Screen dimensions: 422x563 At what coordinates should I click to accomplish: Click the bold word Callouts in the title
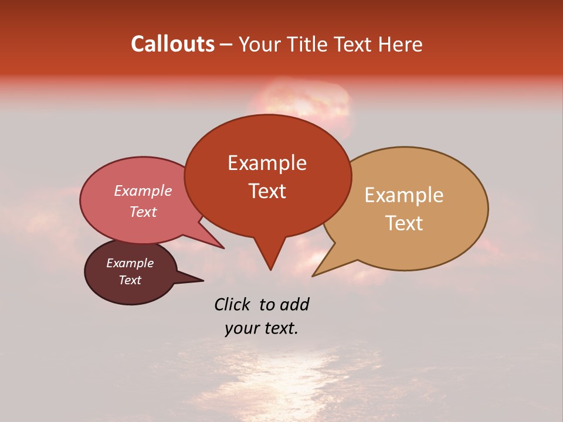(x=172, y=44)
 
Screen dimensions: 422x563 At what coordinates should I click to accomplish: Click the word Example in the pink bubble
(x=143, y=190)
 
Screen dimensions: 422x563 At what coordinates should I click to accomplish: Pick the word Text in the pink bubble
(x=143, y=212)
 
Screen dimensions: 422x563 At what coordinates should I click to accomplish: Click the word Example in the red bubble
(x=267, y=163)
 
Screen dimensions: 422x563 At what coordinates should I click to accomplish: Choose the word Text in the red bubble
(x=267, y=191)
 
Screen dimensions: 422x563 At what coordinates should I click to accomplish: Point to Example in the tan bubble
(x=403, y=195)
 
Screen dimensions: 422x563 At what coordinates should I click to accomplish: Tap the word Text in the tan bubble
(x=403, y=223)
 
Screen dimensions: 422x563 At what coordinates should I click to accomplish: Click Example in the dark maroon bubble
(x=130, y=263)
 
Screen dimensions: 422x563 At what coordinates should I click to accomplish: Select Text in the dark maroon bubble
(x=130, y=280)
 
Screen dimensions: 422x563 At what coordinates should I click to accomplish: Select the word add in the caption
(x=294, y=304)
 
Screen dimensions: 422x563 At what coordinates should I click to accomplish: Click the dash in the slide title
(x=226, y=45)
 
